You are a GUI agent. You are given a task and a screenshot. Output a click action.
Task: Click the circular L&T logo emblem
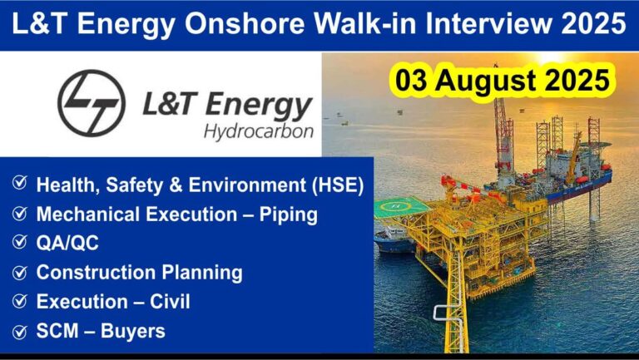tap(92, 102)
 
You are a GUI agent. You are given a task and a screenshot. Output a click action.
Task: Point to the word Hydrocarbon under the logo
tap(259, 132)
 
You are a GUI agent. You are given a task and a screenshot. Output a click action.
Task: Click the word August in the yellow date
tap(487, 81)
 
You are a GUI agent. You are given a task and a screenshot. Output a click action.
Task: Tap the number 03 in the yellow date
tap(411, 80)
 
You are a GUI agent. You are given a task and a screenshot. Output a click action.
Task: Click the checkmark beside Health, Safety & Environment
tap(20, 183)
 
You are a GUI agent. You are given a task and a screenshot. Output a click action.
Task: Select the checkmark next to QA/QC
tap(20, 242)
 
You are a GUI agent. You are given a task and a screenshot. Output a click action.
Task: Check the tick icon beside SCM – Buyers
tap(20, 331)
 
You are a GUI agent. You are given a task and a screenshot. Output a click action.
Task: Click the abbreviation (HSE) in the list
tap(338, 185)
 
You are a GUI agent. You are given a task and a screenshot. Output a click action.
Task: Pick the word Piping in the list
tap(289, 215)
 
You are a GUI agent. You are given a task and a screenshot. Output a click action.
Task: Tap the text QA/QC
tap(67, 243)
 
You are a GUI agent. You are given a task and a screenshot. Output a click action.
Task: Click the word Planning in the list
tap(202, 273)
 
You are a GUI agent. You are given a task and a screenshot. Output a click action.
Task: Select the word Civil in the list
tap(170, 302)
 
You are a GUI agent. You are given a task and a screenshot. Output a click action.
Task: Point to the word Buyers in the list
tap(133, 331)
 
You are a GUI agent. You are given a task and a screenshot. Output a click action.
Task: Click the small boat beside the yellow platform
tap(394, 240)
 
